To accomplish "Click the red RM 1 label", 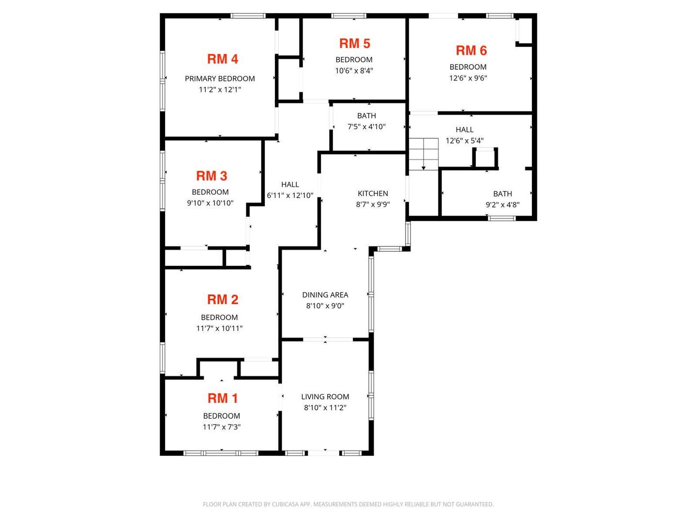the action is pos(222,398).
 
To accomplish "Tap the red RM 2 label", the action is pos(222,300).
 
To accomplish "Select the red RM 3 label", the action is pos(212,176).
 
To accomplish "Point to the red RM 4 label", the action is pos(222,59).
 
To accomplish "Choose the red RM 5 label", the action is pos(354,43).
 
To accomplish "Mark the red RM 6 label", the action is pos(471,50).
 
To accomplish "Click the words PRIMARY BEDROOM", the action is pos(220,79).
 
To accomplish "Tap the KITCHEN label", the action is pos(373,193).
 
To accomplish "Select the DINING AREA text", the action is pos(325,295).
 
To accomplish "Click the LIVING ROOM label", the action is pos(325,396).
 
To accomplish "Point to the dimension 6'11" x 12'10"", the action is pos(290,195).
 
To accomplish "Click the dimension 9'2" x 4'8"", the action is pos(502,205).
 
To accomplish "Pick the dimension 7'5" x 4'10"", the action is pos(366,127).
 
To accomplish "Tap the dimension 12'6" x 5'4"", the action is pos(464,141).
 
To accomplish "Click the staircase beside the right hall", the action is pos(423,154).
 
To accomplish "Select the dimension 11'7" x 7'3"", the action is pos(221,427).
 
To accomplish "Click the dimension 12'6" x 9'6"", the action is pos(468,78).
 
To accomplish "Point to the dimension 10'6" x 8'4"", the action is pos(354,71).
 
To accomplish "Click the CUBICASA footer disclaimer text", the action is pos(348,504).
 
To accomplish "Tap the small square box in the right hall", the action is pos(485,157).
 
